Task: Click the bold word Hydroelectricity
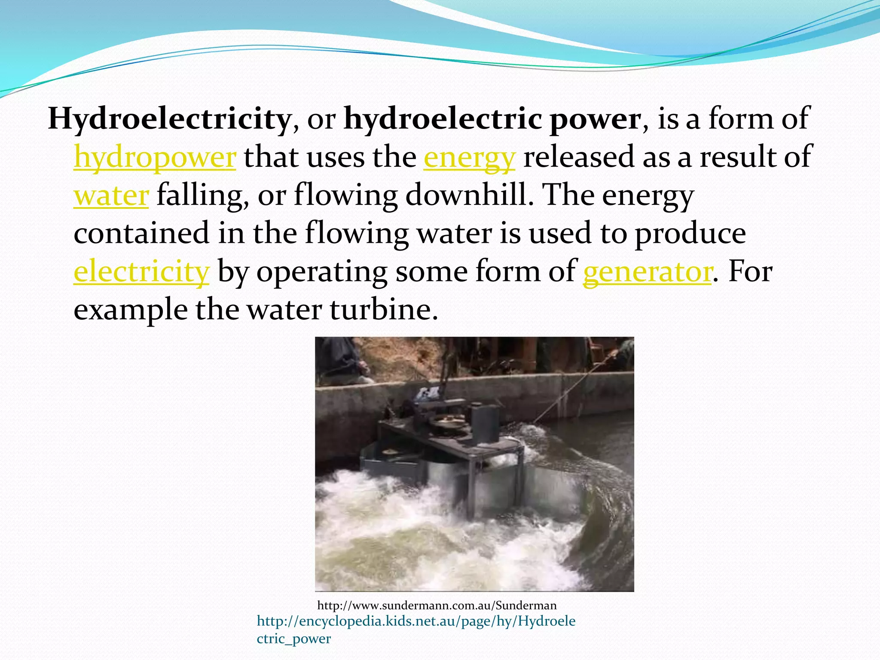[x=169, y=119]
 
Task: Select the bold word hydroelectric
[x=443, y=119]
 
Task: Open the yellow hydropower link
[x=155, y=158]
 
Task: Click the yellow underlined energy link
[x=469, y=158]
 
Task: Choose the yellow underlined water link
[x=111, y=196]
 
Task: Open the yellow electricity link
[x=141, y=272]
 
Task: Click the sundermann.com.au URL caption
[x=437, y=605]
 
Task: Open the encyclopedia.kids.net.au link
[x=416, y=621]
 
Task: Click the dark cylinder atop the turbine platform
[x=486, y=423]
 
